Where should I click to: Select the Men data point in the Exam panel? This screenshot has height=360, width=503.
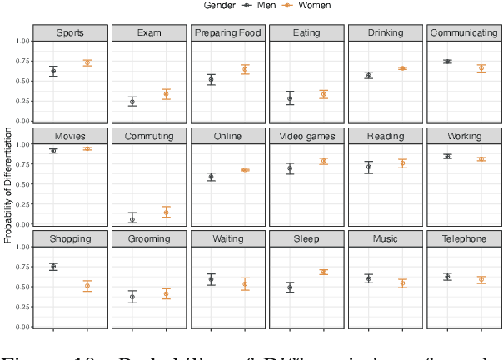pos(132,102)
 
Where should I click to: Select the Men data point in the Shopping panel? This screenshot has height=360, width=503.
pos(53,267)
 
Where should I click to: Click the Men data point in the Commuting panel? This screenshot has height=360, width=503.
pos(132,219)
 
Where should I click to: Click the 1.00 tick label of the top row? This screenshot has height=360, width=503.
pos(22,41)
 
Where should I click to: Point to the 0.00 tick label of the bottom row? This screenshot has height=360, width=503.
pos(22,327)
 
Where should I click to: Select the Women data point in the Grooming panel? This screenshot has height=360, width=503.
pos(166,293)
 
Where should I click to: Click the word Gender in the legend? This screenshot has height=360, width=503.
pos(221,6)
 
